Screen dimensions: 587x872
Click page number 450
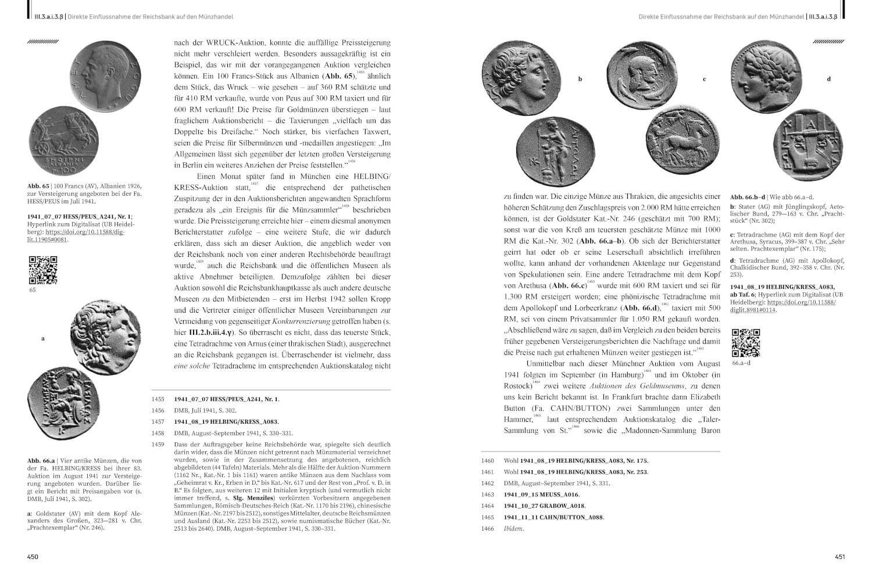point(33,556)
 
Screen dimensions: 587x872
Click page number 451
point(839,556)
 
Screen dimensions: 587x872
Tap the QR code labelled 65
point(43,270)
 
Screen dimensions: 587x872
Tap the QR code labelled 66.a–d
point(745,343)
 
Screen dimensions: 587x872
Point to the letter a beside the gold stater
point(43,338)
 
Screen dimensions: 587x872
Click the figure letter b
point(580,79)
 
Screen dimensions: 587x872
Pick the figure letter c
point(704,79)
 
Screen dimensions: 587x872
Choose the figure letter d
point(829,79)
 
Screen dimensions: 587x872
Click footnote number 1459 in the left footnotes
point(158,445)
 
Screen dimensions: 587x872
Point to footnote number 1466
point(487,528)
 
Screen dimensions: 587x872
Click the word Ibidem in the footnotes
point(513,528)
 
